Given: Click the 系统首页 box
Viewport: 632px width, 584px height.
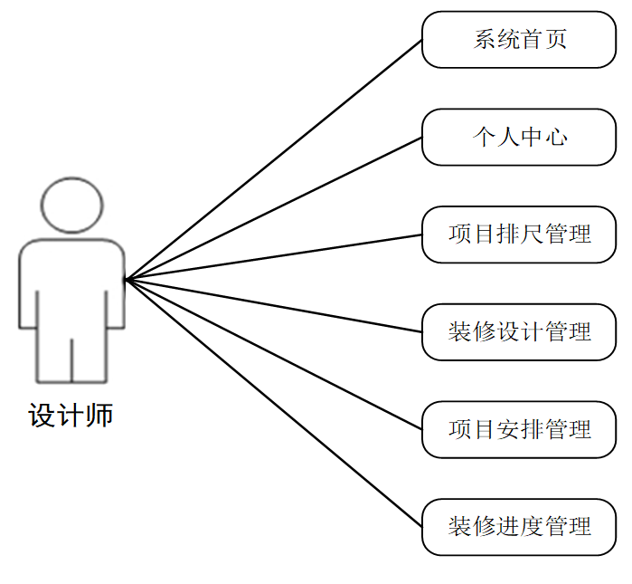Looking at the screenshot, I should tap(519, 40).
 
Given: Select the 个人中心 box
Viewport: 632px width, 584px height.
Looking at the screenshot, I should tap(519, 138).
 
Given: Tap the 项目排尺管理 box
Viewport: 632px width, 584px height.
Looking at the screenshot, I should tap(519, 235).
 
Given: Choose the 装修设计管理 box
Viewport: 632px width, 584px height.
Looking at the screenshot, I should tap(519, 332).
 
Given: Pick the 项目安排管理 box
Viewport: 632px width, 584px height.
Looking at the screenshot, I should tap(519, 429).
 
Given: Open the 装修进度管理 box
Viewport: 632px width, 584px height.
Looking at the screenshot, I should tap(519, 527).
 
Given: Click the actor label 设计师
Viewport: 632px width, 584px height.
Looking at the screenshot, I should tap(71, 416).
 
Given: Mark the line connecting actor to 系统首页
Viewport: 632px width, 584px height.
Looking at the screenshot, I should tap(274, 159).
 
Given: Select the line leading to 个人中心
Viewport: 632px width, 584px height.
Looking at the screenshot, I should tap(274, 208).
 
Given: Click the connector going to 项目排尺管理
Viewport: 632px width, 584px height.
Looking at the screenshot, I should tap(274, 257).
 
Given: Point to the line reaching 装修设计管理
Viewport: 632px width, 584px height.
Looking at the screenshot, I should tap(274, 305).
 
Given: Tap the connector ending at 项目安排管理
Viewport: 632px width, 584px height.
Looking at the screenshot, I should tap(274, 354).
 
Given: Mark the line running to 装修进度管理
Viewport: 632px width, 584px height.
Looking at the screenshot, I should tap(274, 403).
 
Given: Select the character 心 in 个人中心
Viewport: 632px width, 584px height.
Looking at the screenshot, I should tap(556, 138).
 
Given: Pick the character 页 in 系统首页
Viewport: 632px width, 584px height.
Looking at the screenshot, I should tap(556, 40).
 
